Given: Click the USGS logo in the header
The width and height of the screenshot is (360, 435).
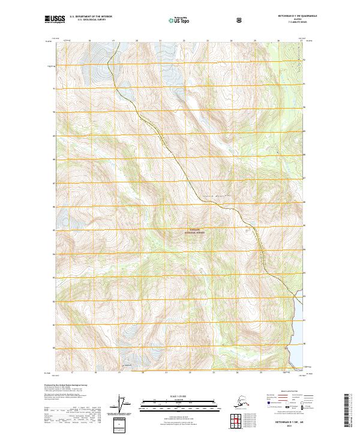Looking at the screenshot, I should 55,20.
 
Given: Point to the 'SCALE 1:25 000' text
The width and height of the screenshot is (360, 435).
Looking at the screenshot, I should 179,397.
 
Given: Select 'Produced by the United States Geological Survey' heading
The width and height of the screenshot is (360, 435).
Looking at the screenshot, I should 71,385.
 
